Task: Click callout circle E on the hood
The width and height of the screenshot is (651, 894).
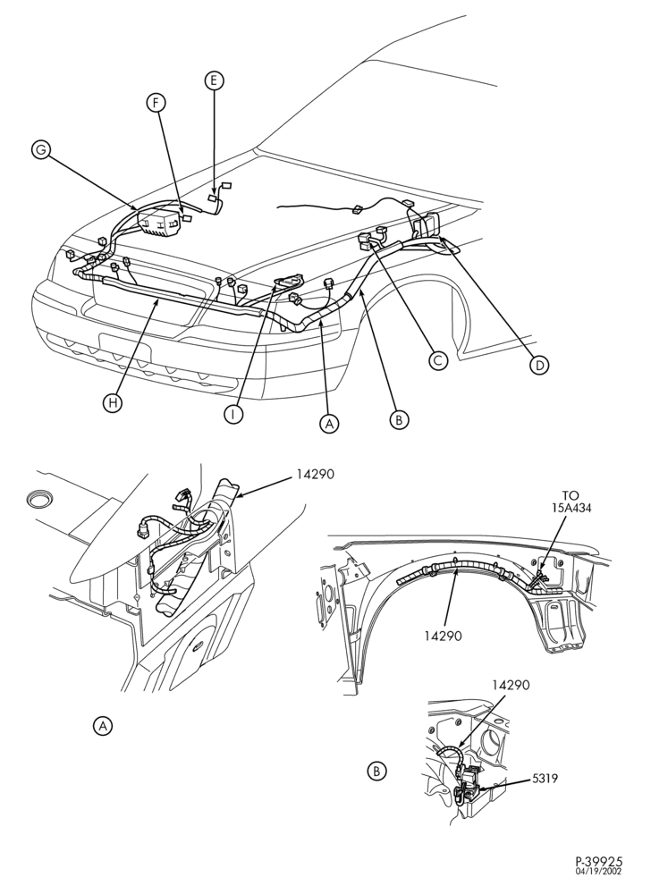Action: tap(214, 81)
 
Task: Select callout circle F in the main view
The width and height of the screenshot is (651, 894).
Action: tap(156, 103)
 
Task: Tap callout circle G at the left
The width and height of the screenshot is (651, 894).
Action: tap(40, 150)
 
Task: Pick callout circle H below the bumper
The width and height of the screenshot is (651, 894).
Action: tap(113, 403)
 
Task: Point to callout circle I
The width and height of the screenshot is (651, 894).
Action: tap(232, 414)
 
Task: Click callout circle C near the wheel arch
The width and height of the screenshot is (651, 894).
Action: tap(438, 360)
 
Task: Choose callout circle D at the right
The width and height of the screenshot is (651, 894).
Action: tap(538, 365)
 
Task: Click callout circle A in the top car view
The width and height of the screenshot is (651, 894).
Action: tap(328, 424)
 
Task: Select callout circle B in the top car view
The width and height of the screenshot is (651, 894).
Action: tap(399, 420)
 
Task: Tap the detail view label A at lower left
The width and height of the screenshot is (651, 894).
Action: tap(103, 726)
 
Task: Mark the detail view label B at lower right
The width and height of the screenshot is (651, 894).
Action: tap(376, 772)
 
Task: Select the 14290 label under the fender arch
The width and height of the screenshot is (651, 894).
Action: tap(443, 635)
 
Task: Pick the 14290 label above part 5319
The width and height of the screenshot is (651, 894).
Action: tap(511, 685)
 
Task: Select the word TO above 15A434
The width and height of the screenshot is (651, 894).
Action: tap(570, 496)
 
